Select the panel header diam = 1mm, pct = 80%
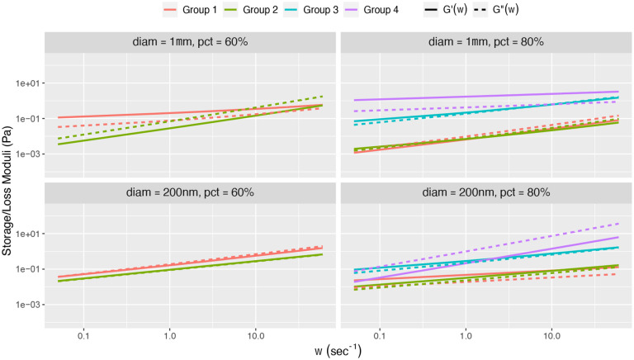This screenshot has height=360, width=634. [485, 42]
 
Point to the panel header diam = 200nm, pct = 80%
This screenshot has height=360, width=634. [485, 192]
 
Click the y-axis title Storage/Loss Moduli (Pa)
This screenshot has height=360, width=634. [7, 186]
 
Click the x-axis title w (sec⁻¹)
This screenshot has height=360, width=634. [338, 351]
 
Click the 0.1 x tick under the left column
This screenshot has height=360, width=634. [83, 337]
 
